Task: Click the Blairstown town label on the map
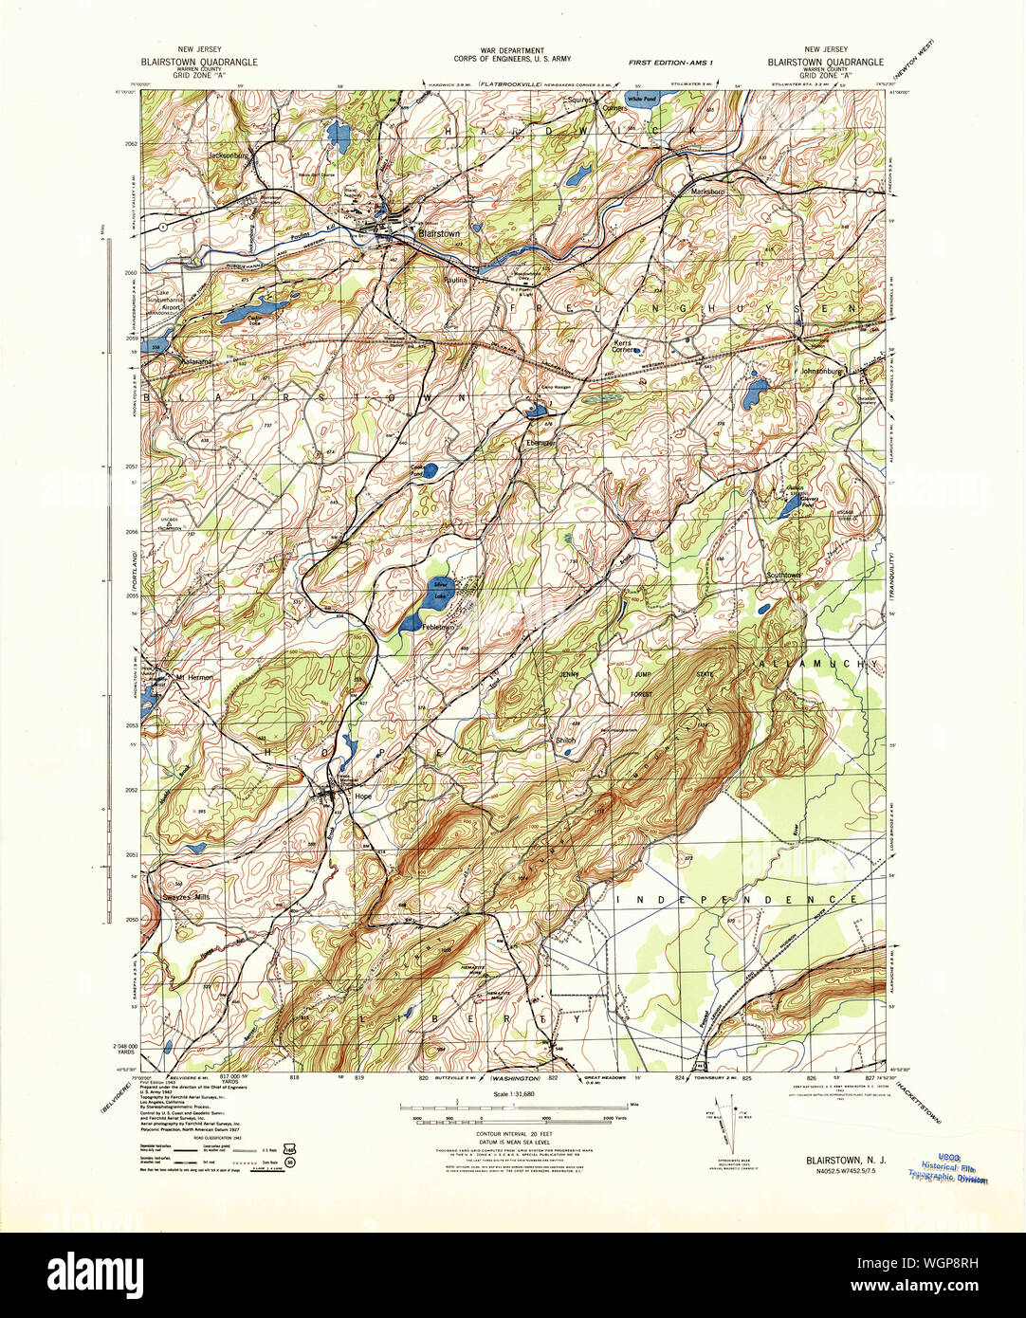click(438, 233)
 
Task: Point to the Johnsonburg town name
click(822, 372)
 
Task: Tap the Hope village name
click(363, 796)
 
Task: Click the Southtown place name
click(784, 576)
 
